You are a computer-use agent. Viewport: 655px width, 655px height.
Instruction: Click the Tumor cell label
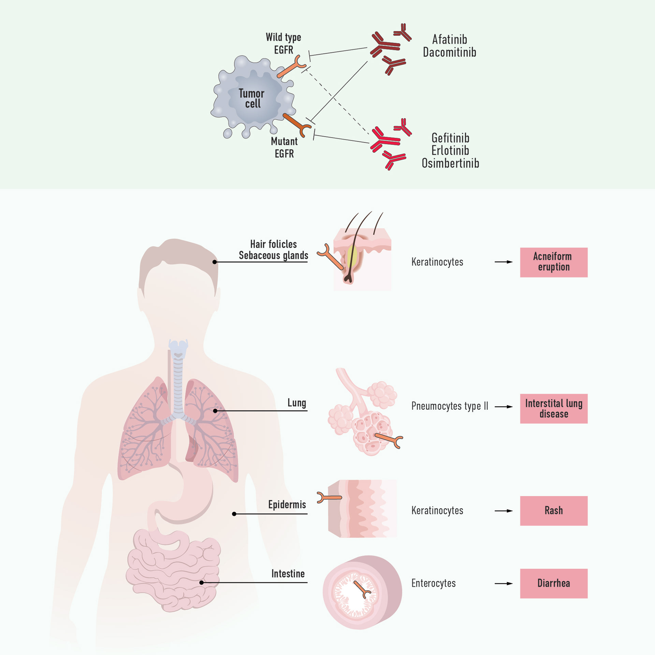pos(251,98)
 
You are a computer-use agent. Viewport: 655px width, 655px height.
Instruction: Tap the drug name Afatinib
pos(449,40)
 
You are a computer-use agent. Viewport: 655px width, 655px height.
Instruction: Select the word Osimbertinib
pos(450,163)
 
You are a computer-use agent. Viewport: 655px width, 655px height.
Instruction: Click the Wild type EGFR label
pos(283,43)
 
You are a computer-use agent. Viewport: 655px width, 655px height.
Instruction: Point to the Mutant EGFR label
pos(284,147)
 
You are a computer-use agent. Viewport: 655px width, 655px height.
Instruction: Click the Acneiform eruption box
pos(553,262)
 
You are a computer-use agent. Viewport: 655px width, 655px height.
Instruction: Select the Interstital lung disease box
pos(553,408)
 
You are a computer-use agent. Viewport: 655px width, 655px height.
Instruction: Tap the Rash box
pos(553,510)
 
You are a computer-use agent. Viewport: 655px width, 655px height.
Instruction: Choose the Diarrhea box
pos(553,583)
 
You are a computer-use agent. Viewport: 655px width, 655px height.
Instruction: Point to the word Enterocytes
pos(433,583)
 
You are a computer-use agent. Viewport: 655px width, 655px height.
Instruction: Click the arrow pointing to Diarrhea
pos(504,583)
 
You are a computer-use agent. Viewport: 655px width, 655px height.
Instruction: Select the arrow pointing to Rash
pos(504,511)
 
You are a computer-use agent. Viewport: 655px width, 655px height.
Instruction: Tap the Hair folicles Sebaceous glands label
pos(273,250)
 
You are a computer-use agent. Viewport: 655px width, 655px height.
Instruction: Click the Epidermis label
pos(287,505)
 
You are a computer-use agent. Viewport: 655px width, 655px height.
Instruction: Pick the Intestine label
pos(288,574)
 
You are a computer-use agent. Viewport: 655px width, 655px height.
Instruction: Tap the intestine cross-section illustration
pos(362,592)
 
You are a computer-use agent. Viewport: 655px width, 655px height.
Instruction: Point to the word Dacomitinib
pos(449,53)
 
